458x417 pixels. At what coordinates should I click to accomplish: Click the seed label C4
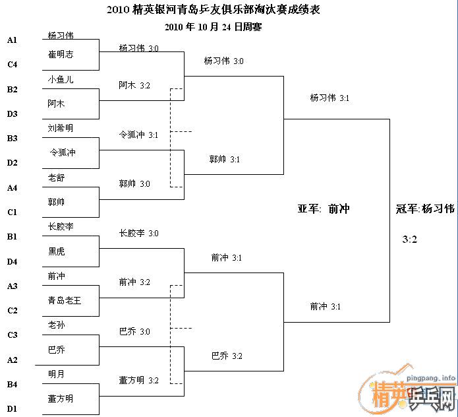tap(13, 65)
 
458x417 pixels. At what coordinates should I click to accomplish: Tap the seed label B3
tap(13, 138)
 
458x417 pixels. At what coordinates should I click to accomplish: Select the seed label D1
tap(13, 408)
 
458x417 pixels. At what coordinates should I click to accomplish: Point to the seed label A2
tap(13, 360)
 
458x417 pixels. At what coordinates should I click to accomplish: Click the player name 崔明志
tap(61, 54)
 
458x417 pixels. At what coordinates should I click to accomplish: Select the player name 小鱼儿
tap(61, 79)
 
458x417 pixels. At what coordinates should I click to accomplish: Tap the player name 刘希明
tap(61, 128)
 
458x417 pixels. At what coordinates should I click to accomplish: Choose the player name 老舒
tap(57, 177)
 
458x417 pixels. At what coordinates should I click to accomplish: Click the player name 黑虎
tap(57, 251)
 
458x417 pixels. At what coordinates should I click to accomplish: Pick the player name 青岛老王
tap(65, 300)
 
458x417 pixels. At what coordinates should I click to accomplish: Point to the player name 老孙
tap(57, 325)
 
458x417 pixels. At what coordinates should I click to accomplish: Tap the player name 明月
tap(57, 374)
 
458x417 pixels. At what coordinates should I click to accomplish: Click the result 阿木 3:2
tap(134, 85)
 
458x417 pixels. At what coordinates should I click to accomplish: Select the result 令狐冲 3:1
tap(138, 135)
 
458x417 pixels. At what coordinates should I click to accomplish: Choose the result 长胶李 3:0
tap(138, 233)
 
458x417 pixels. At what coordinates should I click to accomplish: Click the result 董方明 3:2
tap(138, 380)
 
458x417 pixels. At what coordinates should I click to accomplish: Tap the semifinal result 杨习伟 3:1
tap(329, 98)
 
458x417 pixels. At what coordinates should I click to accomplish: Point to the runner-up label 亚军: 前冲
tap(324, 208)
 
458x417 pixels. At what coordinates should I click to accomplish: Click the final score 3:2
tap(409, 240)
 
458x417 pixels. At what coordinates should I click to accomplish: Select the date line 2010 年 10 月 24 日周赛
tap(214, 27)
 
